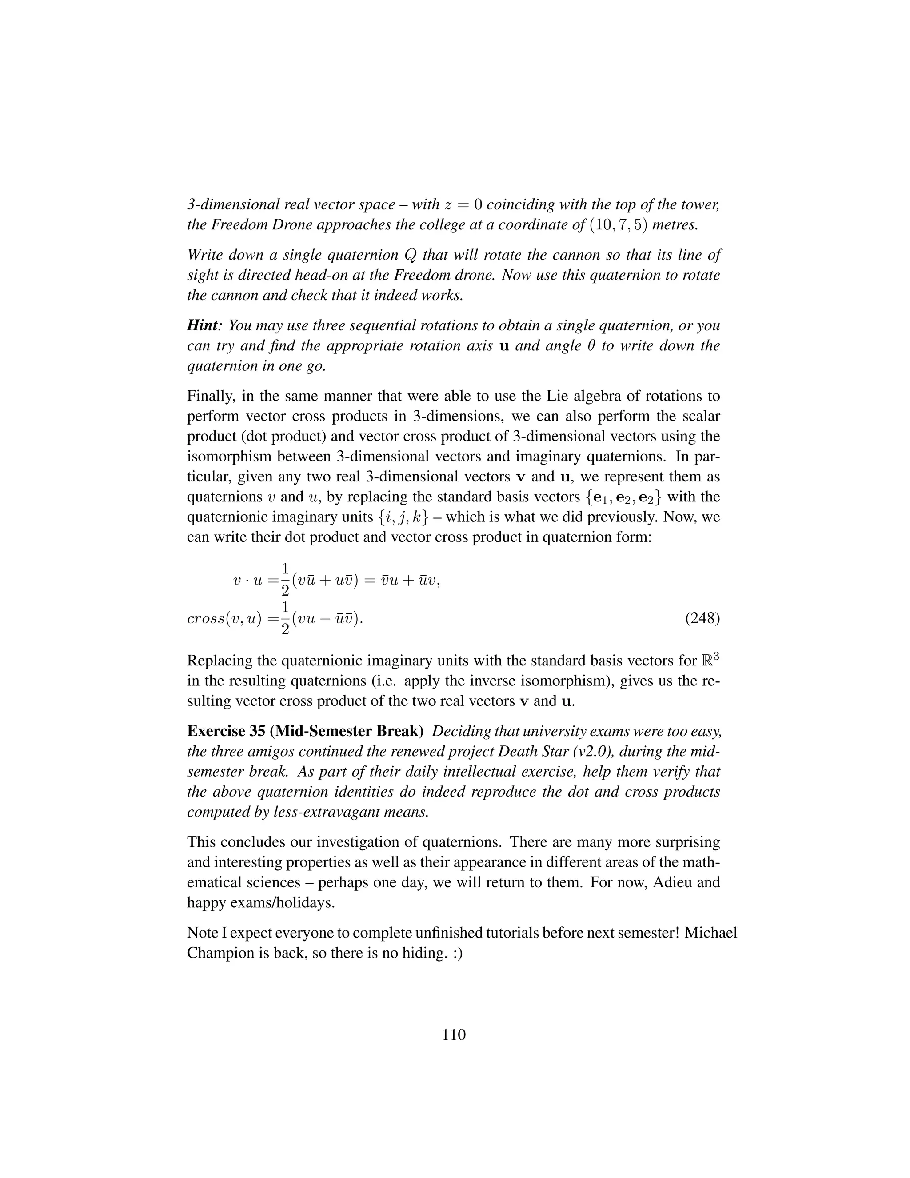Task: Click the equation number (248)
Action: pos(702,618)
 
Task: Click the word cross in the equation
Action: pos(201,619)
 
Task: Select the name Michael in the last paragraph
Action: pos(710,933)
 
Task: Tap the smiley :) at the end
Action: pos(457,953)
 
